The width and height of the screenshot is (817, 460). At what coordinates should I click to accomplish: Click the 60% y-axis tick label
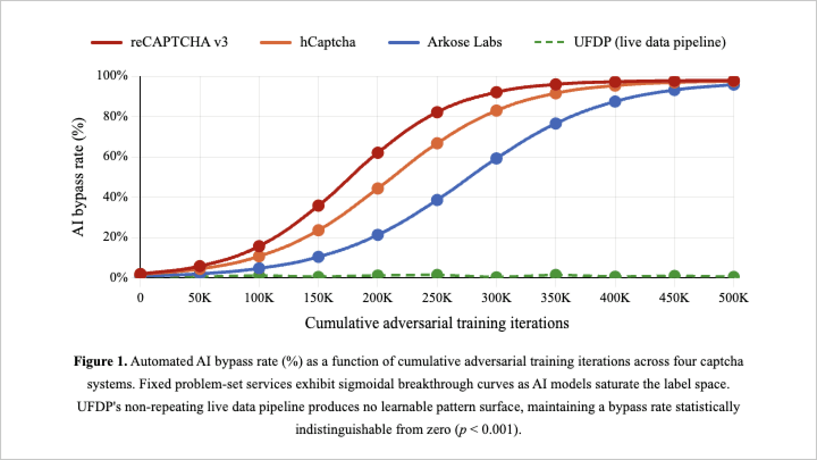pos(115,156)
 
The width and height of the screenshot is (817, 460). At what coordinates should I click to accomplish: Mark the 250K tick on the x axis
pos(437,298)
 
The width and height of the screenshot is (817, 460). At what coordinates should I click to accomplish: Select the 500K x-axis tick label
pos(733,298)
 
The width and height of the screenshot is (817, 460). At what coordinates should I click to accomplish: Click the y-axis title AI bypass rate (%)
pos(78,177)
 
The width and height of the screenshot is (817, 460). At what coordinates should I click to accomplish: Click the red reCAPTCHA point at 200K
pos(377,153)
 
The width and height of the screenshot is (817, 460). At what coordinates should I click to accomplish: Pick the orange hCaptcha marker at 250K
pos(437,143)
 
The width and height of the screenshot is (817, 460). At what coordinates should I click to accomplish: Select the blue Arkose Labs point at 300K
pos(496,158)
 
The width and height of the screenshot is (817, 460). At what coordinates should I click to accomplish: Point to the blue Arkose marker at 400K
pos(615,102)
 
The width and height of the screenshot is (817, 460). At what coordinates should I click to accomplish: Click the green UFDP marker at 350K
pos(556,275)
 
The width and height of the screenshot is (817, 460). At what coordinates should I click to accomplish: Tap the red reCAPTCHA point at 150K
pos(318,205)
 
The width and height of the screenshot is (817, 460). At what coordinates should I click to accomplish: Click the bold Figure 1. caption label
pos(100,361)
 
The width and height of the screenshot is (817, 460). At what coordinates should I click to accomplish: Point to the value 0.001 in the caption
pos(497,430)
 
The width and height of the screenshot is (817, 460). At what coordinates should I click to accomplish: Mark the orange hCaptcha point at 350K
pos(556,94)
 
